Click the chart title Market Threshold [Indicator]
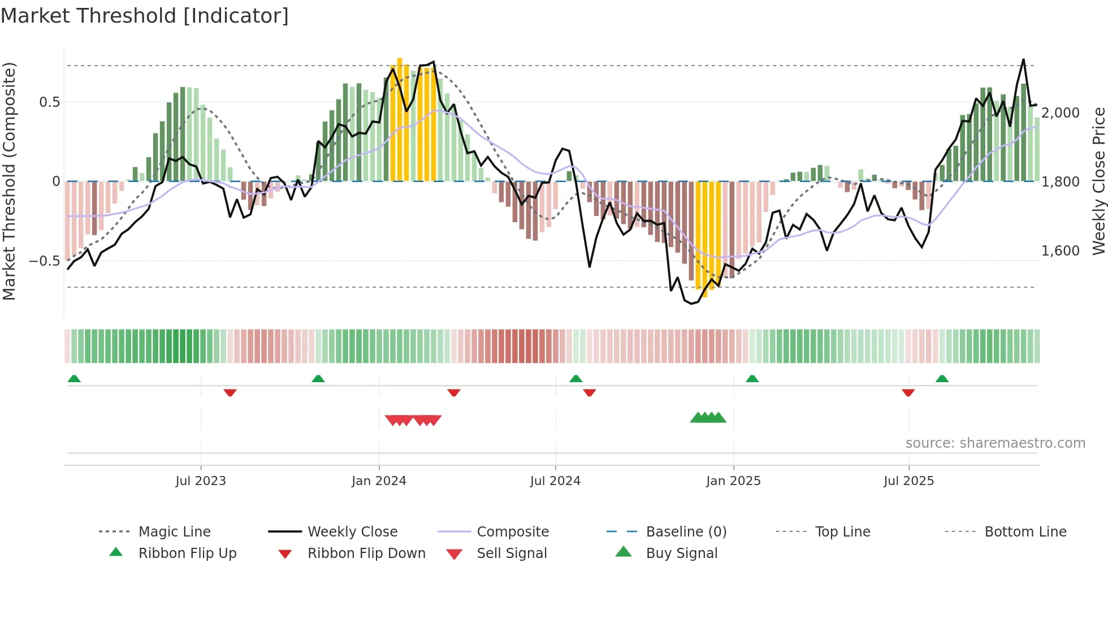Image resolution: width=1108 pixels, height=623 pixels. [145, 16]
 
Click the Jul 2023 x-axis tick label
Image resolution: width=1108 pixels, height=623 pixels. [201, 481]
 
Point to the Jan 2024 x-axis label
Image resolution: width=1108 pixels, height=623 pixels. [379, 481]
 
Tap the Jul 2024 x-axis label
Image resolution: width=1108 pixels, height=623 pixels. [555, 481]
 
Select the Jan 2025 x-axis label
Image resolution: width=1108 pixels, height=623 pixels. [733, 481]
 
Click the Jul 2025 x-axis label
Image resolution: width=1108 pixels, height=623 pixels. [909, 481]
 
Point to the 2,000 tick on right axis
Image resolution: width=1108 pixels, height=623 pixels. [1061, 113]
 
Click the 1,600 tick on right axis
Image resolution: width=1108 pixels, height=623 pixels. [1061, 251]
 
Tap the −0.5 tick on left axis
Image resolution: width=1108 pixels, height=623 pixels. [45, 261]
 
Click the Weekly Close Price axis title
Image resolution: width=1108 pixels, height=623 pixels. [1098, 181]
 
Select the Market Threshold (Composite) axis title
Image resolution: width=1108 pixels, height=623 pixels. [9, 181]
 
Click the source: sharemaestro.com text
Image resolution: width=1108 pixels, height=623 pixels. [995, 443]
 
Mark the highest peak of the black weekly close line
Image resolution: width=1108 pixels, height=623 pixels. [1023, 59]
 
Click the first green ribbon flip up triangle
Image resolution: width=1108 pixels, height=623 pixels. [74, 379]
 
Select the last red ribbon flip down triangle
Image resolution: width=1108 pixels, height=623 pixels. [908, 392]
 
